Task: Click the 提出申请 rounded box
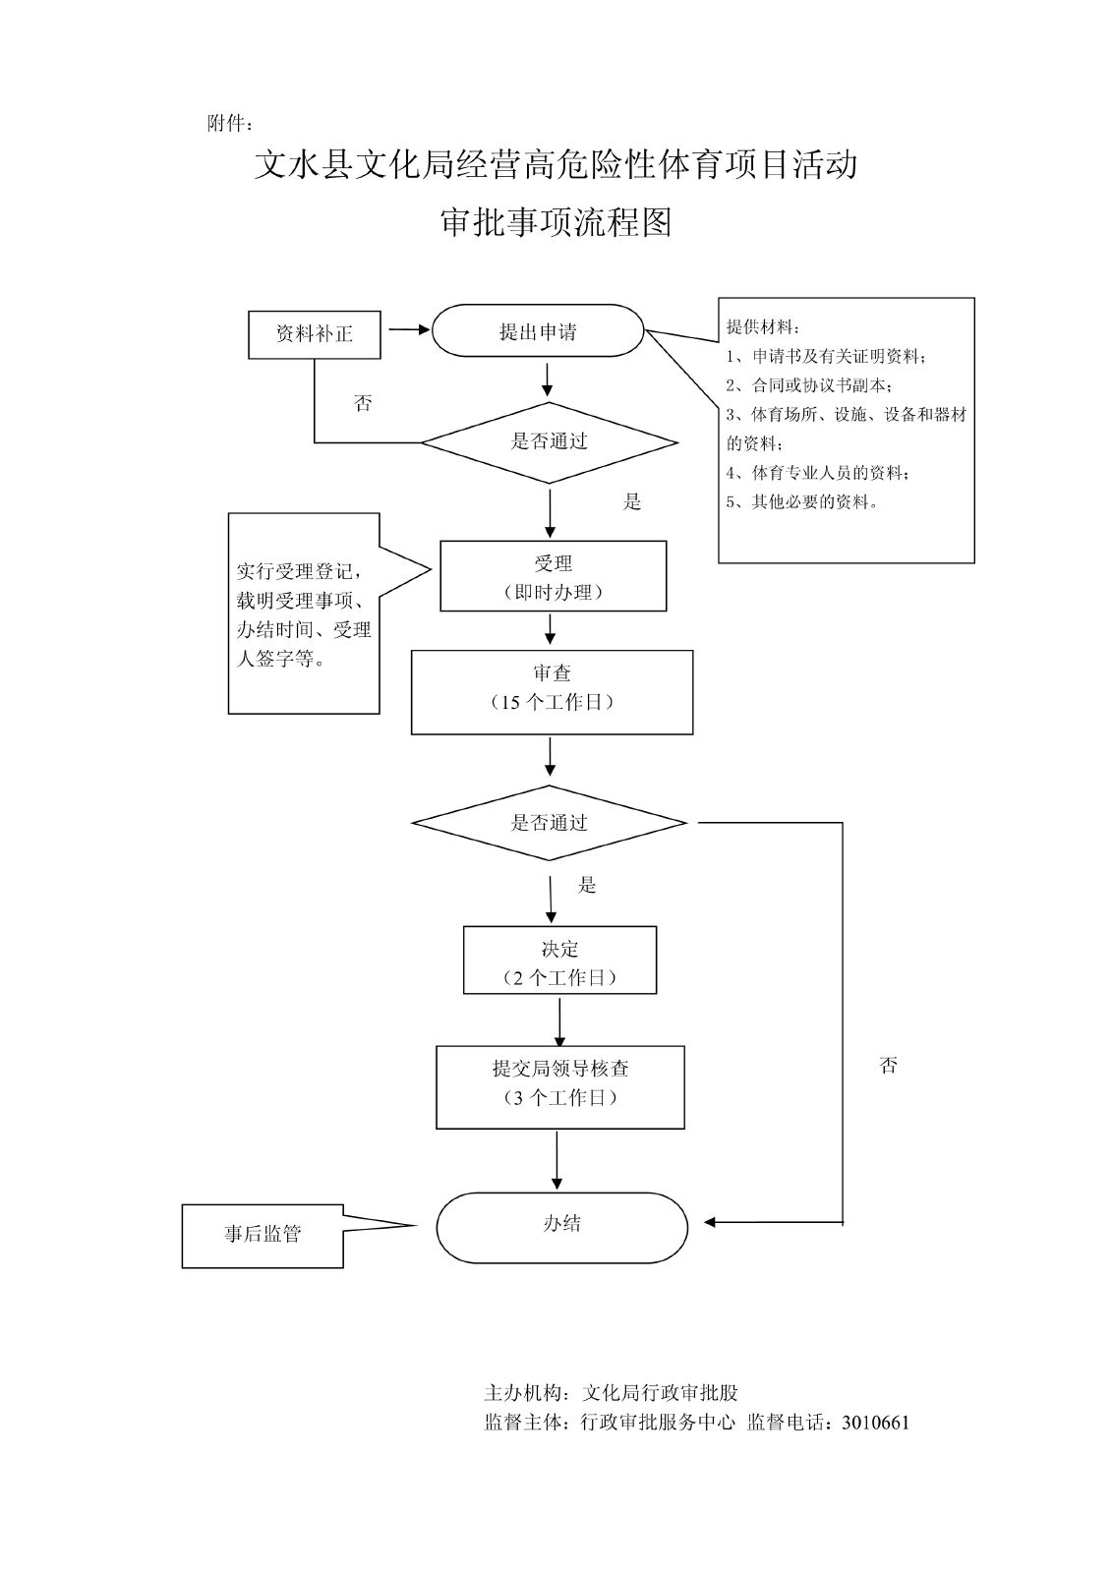coord(538,331)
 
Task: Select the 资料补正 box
coord(314,333)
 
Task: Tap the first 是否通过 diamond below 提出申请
coord(549,442)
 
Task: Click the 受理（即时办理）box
coord(553,576)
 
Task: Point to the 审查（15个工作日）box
coord(552,691)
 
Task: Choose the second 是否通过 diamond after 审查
coord(549,823)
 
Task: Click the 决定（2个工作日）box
coord(559,961)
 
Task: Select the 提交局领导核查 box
coord(559,1086)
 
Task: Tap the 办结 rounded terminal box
coord(561,1226)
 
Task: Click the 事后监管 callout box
coord(263,1235)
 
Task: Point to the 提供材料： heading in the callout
coord(763,326)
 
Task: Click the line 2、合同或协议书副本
coord(809,385)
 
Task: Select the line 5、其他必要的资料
coord(802,501)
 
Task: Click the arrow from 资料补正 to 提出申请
coord(408,330)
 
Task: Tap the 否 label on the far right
coord(888,1066)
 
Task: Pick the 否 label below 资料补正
coord(363,403)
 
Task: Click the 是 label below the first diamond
coord(631,502)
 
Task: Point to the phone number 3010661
coord(876,1422)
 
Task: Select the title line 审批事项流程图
coord(556,224)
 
